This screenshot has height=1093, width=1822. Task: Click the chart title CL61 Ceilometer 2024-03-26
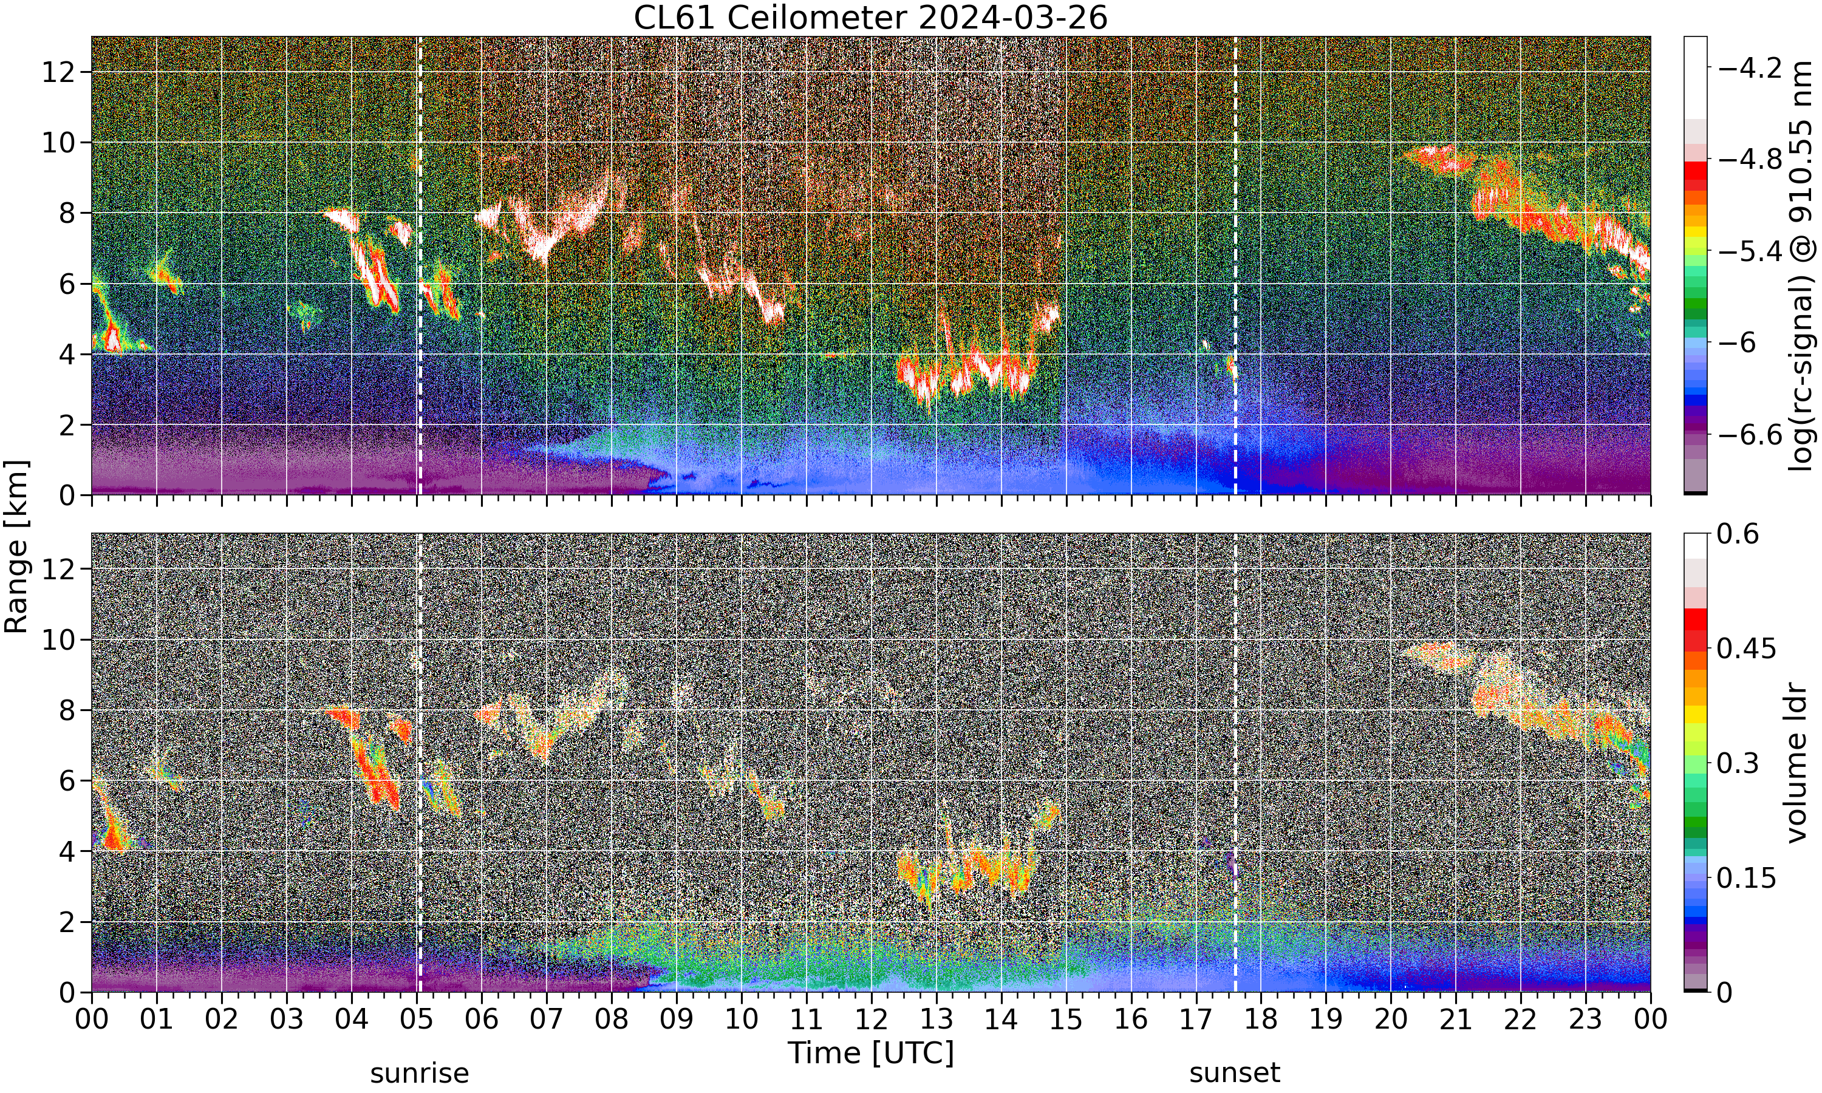(870, 18)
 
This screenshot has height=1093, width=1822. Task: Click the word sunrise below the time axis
(419, 1073)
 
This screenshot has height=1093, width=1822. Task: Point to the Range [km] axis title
(16, 546)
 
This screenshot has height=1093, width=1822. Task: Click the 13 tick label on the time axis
(936, 1020)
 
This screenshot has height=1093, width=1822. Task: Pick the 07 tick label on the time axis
(547, 1020)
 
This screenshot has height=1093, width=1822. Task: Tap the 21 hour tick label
(1455, 1020)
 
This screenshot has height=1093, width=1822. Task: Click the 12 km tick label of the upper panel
(58, 72)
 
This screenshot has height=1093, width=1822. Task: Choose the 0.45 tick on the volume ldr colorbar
(1747, 648)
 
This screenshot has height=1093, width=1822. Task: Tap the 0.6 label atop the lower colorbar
(1738, 534)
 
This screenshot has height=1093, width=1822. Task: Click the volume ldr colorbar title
(1797, 763)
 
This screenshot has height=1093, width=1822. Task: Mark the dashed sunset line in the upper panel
(1235, 265)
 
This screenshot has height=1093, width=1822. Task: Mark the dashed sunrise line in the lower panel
(420, 762)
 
